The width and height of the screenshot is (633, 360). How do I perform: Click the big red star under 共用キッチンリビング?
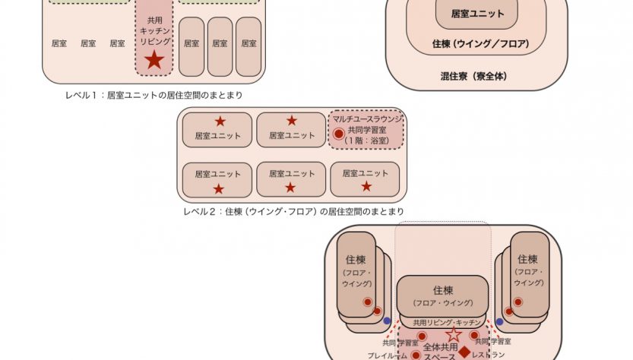[x=154, y=59]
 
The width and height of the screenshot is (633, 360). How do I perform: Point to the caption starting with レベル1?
[x=158, y=95]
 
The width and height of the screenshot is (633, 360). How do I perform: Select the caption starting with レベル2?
[x=293, y=211]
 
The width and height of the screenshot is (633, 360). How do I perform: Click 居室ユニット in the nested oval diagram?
[x=476, y=14]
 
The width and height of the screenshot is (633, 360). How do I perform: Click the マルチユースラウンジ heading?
[x=366, y=118]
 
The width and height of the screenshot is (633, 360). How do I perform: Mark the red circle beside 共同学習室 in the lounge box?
[x=339, y=134]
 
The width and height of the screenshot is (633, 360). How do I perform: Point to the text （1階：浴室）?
[x=367, y=141]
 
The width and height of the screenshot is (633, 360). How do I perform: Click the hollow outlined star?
[x=453, y=334]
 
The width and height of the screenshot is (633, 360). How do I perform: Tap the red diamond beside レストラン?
[x=464, y=352]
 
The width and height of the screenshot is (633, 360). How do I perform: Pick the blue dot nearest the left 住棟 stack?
[x=387, y=321]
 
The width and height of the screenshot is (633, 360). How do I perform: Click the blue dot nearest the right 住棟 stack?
[x=499, y=321]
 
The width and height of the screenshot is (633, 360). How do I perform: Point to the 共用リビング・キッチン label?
[x=443, y=322]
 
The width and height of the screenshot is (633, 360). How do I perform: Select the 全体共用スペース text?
[x=441, y=351]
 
